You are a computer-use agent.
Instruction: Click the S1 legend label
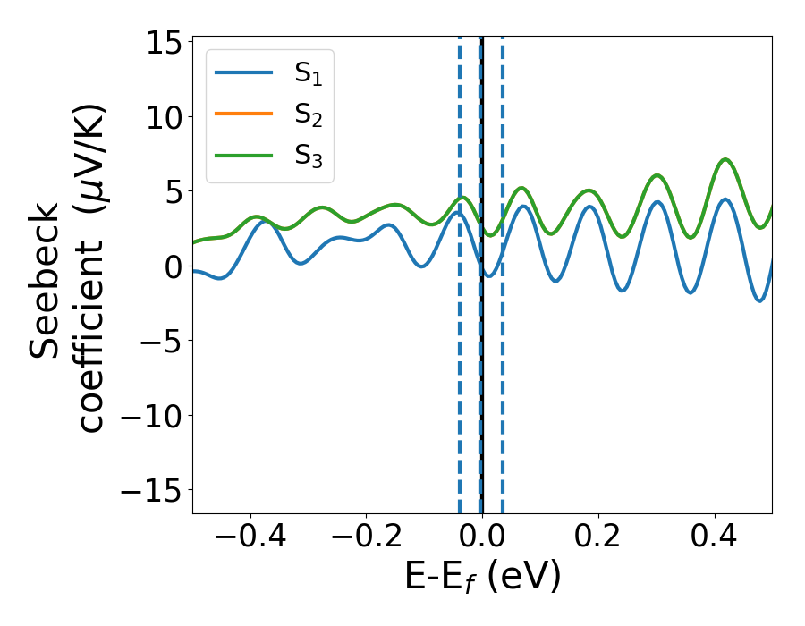[309, 75]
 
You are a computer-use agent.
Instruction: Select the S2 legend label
[309, 115]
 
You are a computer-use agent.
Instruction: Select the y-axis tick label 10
[163, 117]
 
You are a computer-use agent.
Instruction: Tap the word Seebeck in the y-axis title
[45, 281]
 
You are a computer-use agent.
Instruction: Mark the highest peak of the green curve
[726, 159]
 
